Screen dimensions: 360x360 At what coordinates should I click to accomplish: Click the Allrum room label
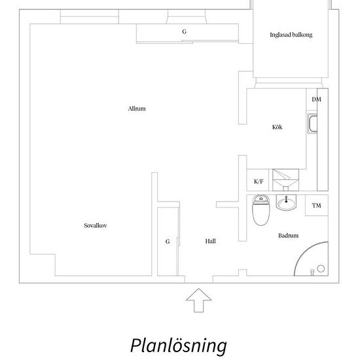(x=137, y=109)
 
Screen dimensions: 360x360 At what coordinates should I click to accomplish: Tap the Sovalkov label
(x=96, y=225)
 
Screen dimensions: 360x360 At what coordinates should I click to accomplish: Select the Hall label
(x=210, y=241)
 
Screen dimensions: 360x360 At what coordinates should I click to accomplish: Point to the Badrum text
(x=289, y=236)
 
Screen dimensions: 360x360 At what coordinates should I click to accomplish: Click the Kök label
(x=277, y=127)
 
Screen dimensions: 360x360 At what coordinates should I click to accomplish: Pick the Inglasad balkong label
(x=291, y=35)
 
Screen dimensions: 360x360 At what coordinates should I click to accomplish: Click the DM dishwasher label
(x=316, y=99)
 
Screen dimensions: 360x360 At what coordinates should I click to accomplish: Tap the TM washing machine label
(x=316, y=206)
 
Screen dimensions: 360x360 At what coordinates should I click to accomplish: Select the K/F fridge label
(x=259, y=181)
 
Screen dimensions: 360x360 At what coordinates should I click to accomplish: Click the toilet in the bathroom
(x=261, y=210)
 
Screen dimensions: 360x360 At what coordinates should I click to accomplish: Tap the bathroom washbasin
(x=286, y=202)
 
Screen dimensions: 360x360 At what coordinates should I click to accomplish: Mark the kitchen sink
(x=312, y=124)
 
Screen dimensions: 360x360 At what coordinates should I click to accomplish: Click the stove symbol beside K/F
(x=285, y=180)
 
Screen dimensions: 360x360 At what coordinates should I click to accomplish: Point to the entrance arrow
(x=198, y=300)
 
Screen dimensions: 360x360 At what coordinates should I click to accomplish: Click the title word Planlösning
(x=179, y=346)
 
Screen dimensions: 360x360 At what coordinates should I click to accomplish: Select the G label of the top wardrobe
(x=184, y=31)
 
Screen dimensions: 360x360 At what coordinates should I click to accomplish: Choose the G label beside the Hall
(x=168, y=242)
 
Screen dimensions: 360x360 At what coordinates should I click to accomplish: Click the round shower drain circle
(x=321, y=268)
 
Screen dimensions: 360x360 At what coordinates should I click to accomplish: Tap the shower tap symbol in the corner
(x=312, y=272)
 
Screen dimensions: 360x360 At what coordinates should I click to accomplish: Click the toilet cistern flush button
(x=261, y=198)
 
